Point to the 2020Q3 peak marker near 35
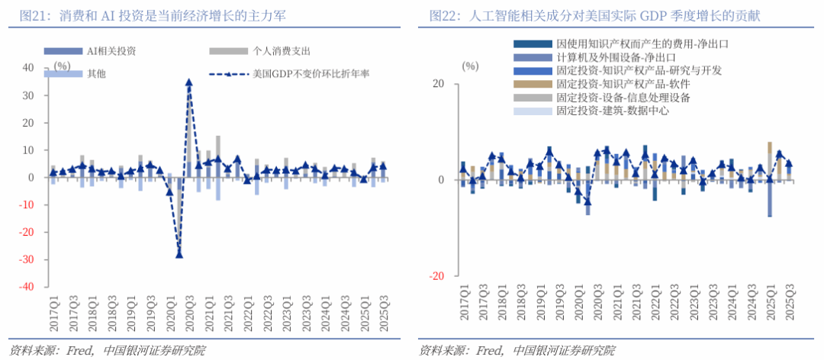[x=188, y=82]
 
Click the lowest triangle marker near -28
[x=179, y=254]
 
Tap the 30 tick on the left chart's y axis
[x=29, y=95]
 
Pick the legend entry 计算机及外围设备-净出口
[x=616, y=57]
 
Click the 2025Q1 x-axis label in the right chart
[x=771, y=302]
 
